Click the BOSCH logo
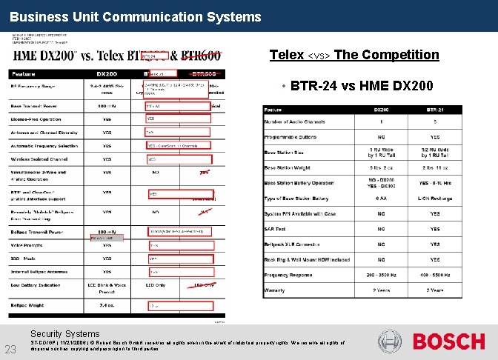pyautogui.click(x=448, y=341)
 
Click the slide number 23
pyautogui.click(x=11, y=350)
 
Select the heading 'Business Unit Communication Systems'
pyautogui.click(x=136, y=16)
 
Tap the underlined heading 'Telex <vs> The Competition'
pyautogui.click(x=354, y=55)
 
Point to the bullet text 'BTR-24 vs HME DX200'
pyautogui.click(x=362, y=87)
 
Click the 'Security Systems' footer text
pyautogui.click(x=64, y=334)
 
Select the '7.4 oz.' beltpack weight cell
pyautogui.click(x=107, y=305)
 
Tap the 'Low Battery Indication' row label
pyautogui.click(x=36, y=285)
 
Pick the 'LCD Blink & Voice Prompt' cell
pyautogui.click(x=107, y=287)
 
